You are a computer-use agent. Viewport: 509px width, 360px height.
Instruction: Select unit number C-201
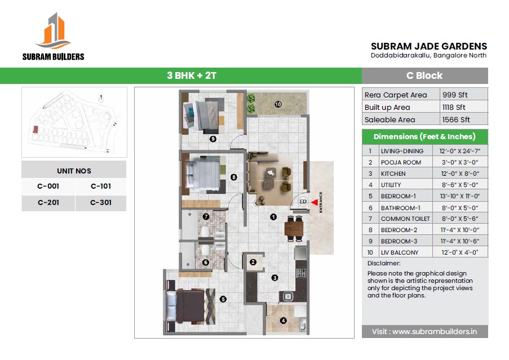[x=48, y=202]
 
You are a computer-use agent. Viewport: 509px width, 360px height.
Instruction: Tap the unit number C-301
[x=101, y=202]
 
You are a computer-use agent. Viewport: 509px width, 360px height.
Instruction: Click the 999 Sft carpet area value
[x=455, y=95]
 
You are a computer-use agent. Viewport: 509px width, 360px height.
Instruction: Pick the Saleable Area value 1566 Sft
[x=456, y=119]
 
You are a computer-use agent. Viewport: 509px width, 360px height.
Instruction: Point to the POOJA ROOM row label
[x=401, y=162]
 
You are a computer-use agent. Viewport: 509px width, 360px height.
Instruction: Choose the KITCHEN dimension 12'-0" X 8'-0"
[x=460, y=174]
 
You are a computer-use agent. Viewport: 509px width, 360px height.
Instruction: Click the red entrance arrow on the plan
[x=315, y=202]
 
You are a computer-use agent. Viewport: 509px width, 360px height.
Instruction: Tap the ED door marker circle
[x=303, y=202]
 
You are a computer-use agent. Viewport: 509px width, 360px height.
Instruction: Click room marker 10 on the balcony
[x=278, y=104]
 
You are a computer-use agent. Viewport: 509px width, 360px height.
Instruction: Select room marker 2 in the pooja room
[x=253, y=262]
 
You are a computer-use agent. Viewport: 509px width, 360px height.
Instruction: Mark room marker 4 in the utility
[x=283, y=321]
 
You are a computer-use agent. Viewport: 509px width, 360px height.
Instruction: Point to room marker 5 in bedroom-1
[x=223, y=299]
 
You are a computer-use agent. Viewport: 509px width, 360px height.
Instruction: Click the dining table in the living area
[x=294, y=229]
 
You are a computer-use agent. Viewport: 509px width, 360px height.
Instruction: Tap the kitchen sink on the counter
[x=288, y=296]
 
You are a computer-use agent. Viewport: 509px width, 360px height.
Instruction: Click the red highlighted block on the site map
[x=36, y=130]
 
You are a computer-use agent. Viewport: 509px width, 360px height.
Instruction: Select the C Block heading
[x=424, y=75]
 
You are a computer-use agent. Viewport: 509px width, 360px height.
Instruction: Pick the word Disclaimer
[x=384, y=263]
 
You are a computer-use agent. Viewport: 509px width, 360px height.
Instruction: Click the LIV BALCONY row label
[x=400, y=252]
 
